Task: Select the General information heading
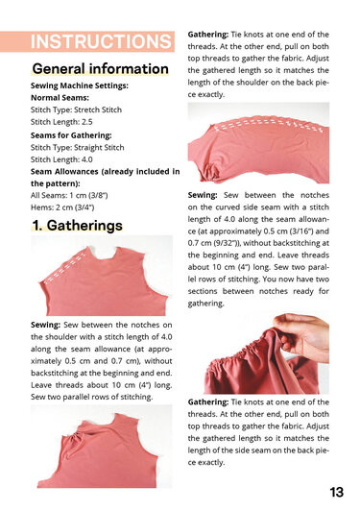pyautogui.click(x=100, y=69)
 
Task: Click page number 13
pyautogui.click(x=336, y=492)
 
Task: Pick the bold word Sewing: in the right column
pyautogui.click(x=204, y=196)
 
